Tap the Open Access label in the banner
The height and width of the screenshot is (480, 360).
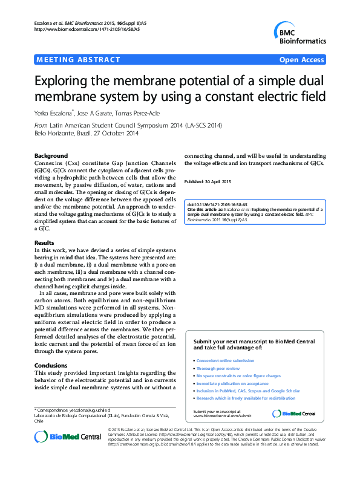303,60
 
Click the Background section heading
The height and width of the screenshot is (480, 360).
51,155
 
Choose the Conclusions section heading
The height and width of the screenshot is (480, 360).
51,365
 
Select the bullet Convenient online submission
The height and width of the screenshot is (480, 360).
226,360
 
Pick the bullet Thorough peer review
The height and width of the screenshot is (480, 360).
218,368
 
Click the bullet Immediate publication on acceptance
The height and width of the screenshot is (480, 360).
232,383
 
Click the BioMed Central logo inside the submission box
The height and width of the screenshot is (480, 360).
294,414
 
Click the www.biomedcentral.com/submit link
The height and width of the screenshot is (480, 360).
222,416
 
